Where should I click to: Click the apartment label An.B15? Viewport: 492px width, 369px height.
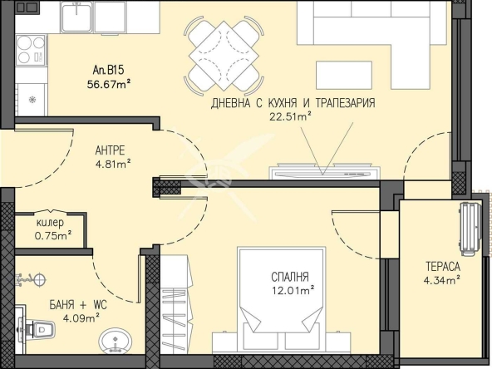(x=108, y=70)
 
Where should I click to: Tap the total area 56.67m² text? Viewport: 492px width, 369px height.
(x=109, y=85)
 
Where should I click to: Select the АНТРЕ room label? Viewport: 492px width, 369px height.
(x=110, y=150)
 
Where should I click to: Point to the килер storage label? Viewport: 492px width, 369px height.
(x=50, y=223)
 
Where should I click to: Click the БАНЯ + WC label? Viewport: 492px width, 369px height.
(x=78, y=304)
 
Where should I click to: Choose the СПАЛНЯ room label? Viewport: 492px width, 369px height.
(x=290, y=277)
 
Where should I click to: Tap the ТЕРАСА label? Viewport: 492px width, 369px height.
(x=443, y=267)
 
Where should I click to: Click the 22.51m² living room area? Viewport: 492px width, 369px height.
(x=290, y=116)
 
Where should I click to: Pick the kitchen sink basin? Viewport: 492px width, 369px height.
(x=77, y=17)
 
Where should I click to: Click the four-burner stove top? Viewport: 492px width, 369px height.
(x=31, y=50)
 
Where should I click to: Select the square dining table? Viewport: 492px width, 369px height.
(x=224, y=57)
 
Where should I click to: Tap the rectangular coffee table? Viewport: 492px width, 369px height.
(x=344, y=76)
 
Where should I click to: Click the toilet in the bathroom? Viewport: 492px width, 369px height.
(x=37, y=328)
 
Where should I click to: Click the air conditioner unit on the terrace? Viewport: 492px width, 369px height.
(x=470, y=229)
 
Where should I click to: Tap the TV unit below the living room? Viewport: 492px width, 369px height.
(x=325, y=171)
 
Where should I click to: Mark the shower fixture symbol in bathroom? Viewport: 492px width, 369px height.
(x=31, y=279)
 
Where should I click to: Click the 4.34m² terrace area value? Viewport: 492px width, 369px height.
(x=442, y=279)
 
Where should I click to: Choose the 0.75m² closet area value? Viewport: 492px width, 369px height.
(x=53, y=235)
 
